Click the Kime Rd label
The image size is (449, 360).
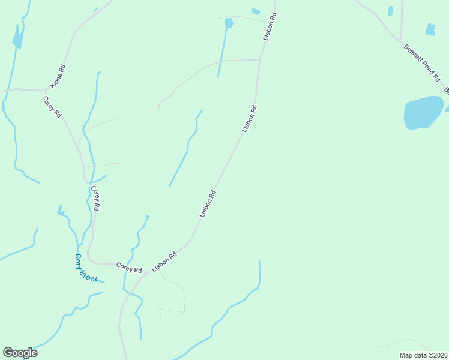coord(58,77)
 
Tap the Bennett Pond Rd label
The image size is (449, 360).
coord(421,62)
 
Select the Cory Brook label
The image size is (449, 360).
coord(86,268)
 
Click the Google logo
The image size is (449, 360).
coord(20,353)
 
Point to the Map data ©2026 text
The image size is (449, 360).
coord(423,355)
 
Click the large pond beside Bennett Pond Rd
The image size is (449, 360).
coord(423,112)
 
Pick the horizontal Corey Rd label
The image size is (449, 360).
coord(128,266)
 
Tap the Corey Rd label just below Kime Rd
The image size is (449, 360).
coord(52,106)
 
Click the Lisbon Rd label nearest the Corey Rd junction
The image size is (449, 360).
coord(164,262)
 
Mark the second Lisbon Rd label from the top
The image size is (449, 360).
coord(249,119)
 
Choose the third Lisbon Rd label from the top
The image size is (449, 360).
coord(208,204)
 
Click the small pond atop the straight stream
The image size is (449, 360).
coord(228,23)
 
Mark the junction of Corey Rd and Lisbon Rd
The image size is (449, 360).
coord(147,273)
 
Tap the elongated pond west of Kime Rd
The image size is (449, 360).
coord(17,39)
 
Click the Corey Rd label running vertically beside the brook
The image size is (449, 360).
coord(95,197)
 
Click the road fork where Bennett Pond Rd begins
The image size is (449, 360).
coord(400,41)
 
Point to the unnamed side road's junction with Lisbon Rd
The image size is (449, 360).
coord(259,60)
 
